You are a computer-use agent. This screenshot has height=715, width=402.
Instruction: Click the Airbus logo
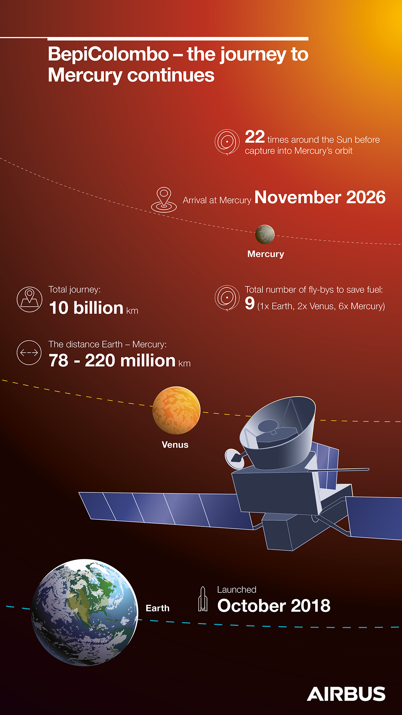click(346, 694)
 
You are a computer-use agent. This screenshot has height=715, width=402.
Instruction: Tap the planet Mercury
click(265, 235)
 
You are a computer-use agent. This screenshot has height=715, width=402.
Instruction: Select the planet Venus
click(176, 410)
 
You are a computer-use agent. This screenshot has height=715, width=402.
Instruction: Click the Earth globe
click(84, 612)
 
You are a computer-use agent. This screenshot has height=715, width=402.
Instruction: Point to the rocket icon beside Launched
click(203, 599)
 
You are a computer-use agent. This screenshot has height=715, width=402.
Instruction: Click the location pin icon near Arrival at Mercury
click(164, 200)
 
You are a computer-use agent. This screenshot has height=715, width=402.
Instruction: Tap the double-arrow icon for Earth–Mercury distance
click(29, 353)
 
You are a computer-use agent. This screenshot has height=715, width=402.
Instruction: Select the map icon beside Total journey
click(29, 299)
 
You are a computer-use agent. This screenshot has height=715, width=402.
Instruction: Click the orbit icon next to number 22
click(227, 142)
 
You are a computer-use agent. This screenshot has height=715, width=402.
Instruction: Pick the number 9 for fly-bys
click(250, 303)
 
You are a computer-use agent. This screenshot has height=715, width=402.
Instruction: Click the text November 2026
click(320, 197)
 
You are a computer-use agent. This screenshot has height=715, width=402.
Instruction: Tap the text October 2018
click(274, 606)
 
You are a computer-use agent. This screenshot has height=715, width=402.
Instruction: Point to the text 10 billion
click(86, 308)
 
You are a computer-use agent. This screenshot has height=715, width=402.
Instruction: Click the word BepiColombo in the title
click(108, 54)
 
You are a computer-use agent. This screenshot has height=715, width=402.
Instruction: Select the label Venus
click(175, 445)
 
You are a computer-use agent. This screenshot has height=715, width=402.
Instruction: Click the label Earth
click(157, 608)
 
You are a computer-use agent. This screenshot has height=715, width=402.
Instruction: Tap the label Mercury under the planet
click(266, 254)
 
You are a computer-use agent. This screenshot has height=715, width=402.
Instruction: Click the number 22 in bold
click(255, 137)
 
